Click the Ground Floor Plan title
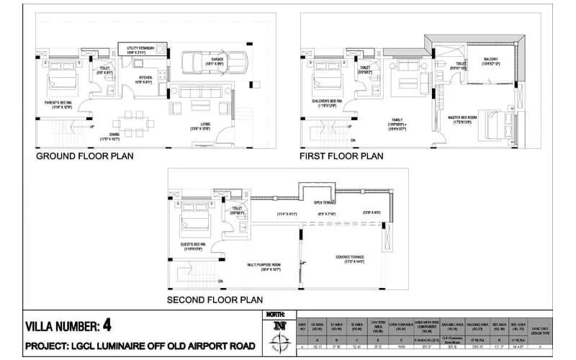(84, 156)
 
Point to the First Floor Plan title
(342, 156)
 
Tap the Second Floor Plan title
(215, 300)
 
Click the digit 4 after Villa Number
(107, 324)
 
